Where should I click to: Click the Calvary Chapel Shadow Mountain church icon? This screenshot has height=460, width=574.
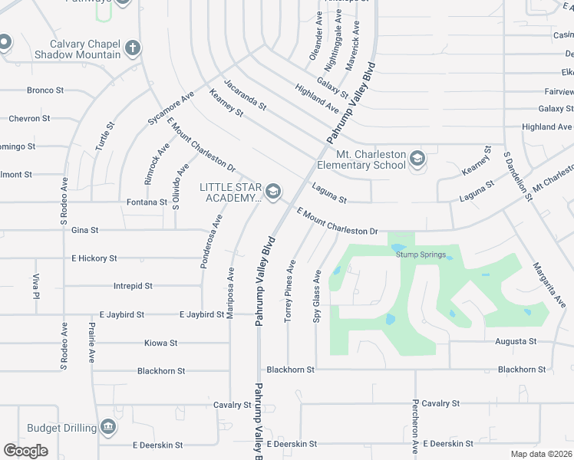pos(133,48)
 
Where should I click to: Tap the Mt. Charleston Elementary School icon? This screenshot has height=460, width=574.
pos(417,159)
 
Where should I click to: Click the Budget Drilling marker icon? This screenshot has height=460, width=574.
pos(107,427)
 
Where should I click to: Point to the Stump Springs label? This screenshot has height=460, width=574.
pos(421,255)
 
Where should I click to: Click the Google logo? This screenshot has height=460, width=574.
pos(25,451)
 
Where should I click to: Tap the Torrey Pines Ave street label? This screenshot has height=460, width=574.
pos(290,291)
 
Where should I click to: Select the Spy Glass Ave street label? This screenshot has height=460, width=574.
pos(316,295)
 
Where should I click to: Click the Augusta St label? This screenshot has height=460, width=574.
pos(516,341)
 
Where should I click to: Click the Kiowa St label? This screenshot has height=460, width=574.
pos(161,343)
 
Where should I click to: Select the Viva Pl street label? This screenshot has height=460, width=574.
pos(35,284)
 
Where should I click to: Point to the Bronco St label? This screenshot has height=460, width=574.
pos(45,90)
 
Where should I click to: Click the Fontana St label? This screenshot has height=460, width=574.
pos(147,202)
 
